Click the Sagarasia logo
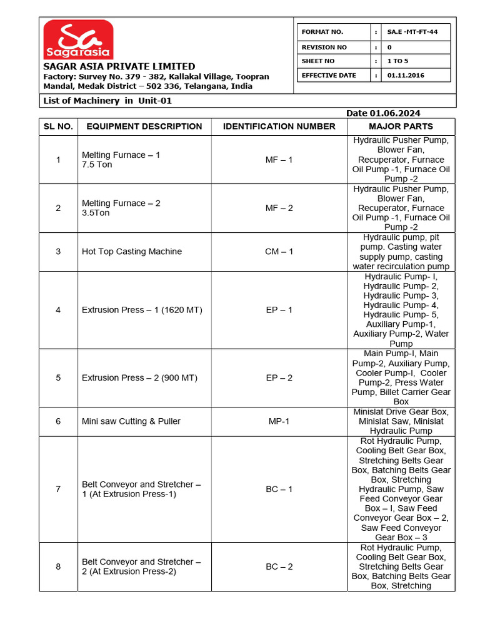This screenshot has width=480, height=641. (78, 39)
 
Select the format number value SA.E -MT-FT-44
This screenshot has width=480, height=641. (412, 32)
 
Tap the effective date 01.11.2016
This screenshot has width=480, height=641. (406, 75)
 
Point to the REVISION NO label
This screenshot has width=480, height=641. (324, 47)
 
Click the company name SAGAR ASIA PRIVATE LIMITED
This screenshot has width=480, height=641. (119, 66)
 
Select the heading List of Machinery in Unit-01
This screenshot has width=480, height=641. (107, 101)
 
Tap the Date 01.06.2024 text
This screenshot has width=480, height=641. (383, 113)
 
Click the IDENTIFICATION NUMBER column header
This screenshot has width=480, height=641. (279, 126)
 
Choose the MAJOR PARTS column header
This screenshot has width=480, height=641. (401, 126)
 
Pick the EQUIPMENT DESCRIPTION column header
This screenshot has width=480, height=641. (144, 126)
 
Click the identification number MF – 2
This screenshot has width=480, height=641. (279, 208)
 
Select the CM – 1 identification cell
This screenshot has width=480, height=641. (279, 252)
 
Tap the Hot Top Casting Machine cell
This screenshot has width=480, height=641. (132, 252)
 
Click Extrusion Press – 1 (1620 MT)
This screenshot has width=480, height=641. (142, 310)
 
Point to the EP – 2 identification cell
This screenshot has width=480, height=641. (279, 378)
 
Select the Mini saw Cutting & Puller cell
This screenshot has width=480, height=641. (131, 421)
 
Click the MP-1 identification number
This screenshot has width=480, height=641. (279, 421)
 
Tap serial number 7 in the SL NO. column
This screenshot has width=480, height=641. (58, 489)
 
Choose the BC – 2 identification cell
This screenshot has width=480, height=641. (279, 567)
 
